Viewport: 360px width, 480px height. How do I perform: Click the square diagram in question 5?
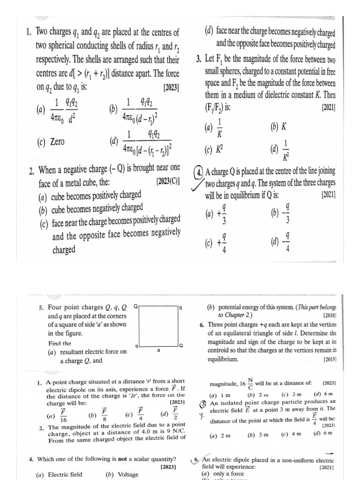pyautogui.click(x=159, y=326)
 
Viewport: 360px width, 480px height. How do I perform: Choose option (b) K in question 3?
pyautogui.click(x=278, y=127)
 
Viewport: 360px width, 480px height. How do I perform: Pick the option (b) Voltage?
pyautogui.click(x=122, y=474)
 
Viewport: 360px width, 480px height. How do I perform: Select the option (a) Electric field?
pyautogui.click(x=59, y=474)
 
